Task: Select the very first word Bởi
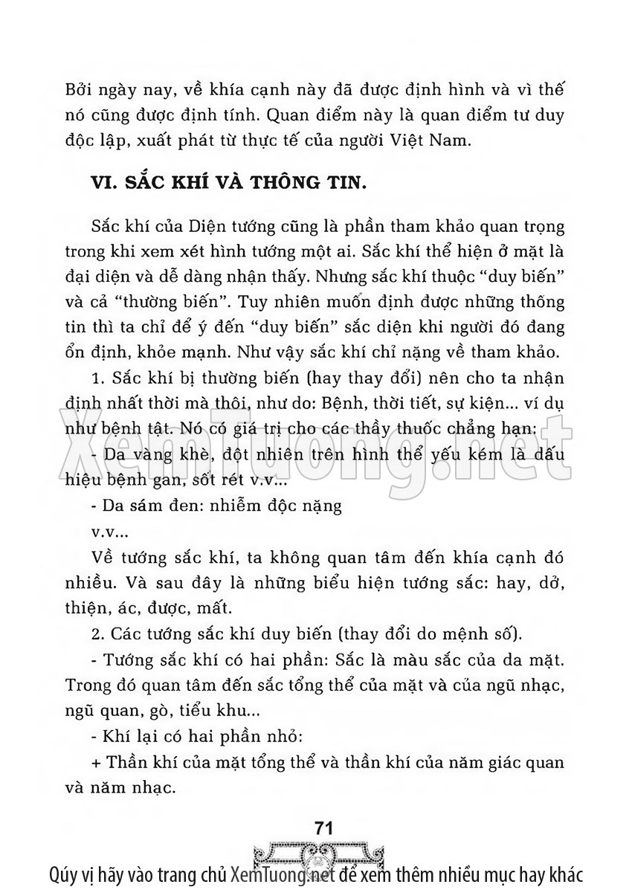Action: coord(81,91)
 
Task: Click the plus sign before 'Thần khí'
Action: coord(94,764)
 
